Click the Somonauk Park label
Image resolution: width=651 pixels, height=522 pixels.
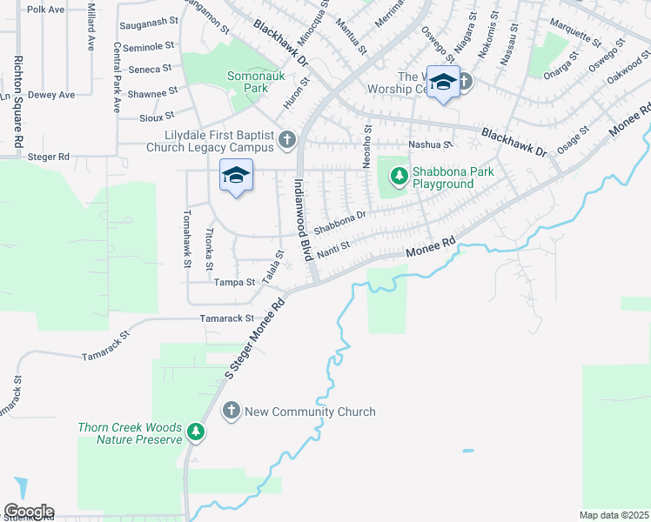pos(243,82)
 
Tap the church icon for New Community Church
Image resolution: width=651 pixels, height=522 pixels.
pos(232,411)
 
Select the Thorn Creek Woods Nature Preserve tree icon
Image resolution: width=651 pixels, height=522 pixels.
pos(196,432)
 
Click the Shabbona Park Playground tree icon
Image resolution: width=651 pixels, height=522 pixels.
pos(399,177)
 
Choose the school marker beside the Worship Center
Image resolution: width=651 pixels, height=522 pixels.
pos(443,83)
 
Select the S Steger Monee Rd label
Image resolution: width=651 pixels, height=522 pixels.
pos(256,339)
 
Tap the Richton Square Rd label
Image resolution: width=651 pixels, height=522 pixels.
pos(16,101)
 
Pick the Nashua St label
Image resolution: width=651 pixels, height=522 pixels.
pos(431,145)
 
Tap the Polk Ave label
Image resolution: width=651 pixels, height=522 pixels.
pos(46,10)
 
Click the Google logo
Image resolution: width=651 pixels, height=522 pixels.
pos(29,512)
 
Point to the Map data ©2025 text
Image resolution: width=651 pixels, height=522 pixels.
pos(614,515)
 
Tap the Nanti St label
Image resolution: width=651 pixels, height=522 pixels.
pos(332,250)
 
